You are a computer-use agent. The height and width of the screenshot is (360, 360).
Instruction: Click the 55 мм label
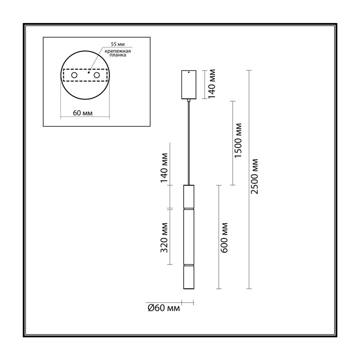(x=118, y=44)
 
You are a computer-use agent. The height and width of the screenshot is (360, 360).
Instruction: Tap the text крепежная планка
(x=118, y=53)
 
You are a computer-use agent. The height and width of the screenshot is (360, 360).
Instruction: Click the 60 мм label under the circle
(x=83, y=113)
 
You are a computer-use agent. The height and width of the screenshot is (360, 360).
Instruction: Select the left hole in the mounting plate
(x=74, y=75)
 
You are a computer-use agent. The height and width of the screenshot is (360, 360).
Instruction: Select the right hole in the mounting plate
(x=97, y=75)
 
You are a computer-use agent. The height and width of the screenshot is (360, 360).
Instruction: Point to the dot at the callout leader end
(x=89, y=72)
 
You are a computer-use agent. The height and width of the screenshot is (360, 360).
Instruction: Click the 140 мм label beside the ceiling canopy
(x=212, y=84)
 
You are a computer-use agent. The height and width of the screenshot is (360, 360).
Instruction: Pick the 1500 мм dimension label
(x=238, y=140)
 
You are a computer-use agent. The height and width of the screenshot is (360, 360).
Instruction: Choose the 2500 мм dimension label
(x=254, y=176)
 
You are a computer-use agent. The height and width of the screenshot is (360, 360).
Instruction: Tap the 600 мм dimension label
(x=224, y=238)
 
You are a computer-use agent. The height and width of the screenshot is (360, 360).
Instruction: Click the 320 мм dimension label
(x=164, y=238)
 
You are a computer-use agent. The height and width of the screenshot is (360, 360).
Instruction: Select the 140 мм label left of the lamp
(x=164, y=168)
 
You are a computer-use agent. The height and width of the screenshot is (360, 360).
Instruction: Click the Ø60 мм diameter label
(x=164, y=308)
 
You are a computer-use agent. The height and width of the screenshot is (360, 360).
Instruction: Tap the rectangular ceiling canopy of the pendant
(x=189, y=85)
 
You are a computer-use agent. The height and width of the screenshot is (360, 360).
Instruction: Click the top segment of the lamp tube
(x=189, y=196)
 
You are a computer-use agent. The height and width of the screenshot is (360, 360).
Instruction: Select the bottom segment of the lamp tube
(x=189, y=277)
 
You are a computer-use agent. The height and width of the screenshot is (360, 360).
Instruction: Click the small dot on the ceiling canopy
(x=189, y=72)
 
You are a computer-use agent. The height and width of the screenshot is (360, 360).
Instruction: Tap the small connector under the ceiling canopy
(x=189, y=100)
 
